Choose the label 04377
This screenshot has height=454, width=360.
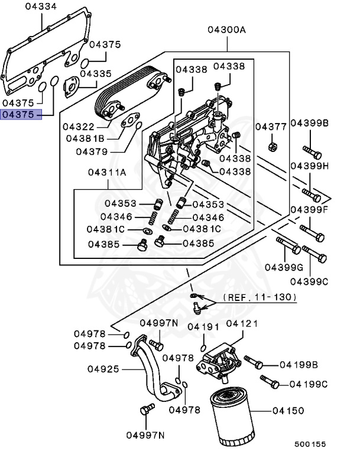pyautogui.click(x=271, y=127)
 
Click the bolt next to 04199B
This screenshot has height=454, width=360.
pyautogui.click(x=253, y=361)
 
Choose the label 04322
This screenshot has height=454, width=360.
pyautogui.click(x=79, y=127)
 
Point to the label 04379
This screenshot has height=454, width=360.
pyautogui.click(x=91, y=151)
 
